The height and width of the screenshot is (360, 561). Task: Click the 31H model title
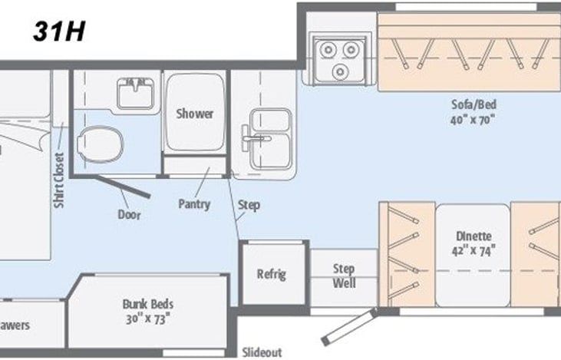[58, 31]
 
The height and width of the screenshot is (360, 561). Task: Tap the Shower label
[195, 114]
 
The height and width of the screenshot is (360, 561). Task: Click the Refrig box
[272, 273]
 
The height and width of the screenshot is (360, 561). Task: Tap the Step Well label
[343, 276]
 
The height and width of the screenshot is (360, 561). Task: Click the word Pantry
[194, 204]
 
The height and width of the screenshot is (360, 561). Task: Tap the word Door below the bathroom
[129, 215]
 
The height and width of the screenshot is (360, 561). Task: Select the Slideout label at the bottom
[261, 352]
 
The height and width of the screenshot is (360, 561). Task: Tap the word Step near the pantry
[249, 205]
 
